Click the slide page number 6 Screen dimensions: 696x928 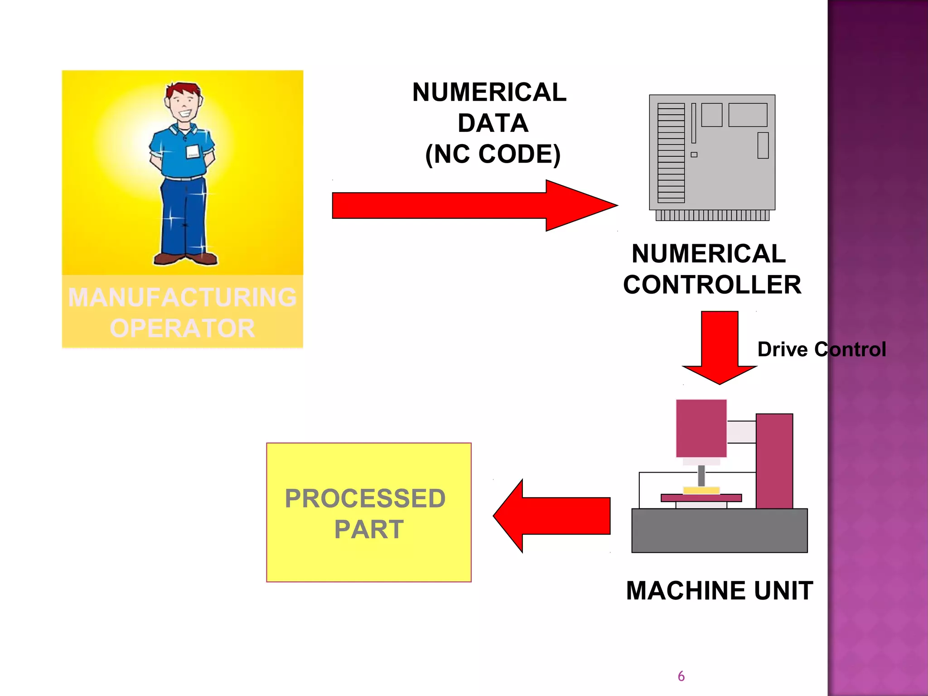(681, 676)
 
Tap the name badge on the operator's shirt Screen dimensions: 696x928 (193, 152)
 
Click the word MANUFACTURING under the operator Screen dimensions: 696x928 (182, 298)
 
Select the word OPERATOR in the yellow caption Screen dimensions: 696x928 (182, 328)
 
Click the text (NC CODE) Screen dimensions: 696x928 (493, 154)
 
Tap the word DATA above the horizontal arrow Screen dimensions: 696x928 (493, 123)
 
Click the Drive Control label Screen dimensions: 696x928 (821, 349)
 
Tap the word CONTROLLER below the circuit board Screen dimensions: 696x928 (712, 285)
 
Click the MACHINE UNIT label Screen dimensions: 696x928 (719, 590)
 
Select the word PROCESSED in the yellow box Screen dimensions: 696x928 (365, 498)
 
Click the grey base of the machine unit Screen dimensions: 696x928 (719, 530)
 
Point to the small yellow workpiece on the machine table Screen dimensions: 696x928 (701, 490)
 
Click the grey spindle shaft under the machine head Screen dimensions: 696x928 (701, 475)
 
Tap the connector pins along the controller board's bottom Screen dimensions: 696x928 (712, 215)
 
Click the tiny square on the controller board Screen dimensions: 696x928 (694, 155)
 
